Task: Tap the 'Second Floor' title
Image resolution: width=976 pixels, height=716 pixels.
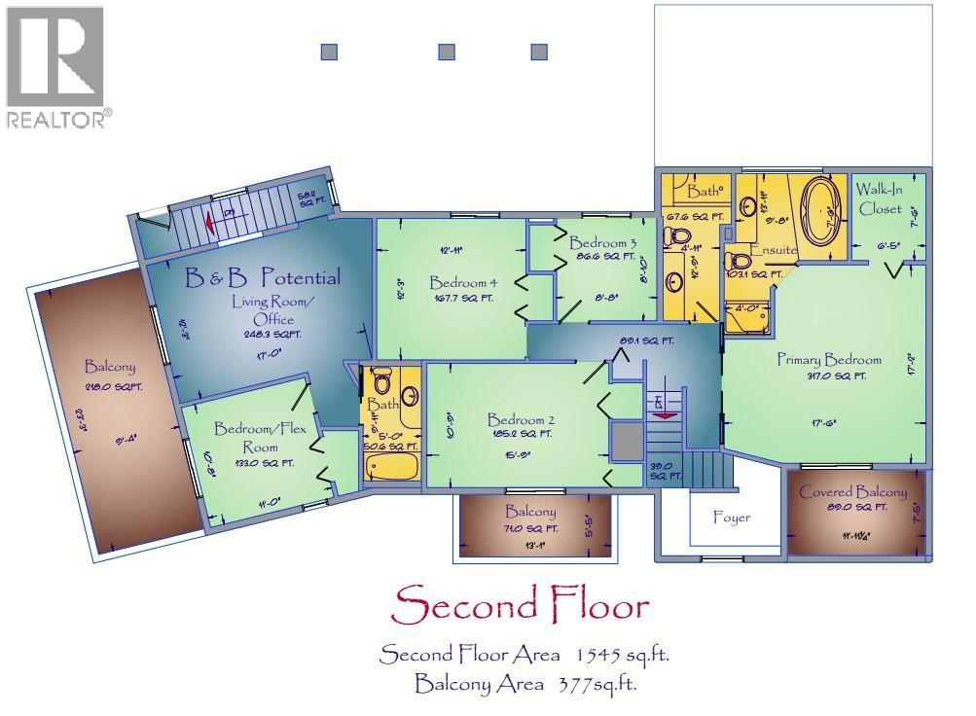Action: [x=520, y=606]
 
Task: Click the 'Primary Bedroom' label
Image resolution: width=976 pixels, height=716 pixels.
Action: [x=828, y=359]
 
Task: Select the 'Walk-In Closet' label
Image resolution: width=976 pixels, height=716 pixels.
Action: [x=880, y=198]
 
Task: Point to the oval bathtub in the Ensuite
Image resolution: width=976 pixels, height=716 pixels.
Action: [x=821, y=211]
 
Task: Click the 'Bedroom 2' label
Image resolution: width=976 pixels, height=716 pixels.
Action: [x=521, y=420]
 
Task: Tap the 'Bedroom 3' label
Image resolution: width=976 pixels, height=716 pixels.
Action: [x=602, y=242]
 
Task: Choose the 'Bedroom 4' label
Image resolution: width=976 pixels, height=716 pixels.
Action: [x=463, y=283]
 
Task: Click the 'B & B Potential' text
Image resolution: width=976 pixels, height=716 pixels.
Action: [x=263, y=278]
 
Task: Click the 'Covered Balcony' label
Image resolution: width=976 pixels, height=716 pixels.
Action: [x=852, y=492]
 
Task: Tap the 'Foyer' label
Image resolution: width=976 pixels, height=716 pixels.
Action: [x=732, y=518]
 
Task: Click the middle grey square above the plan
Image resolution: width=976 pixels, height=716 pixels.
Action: [x=448, y=52]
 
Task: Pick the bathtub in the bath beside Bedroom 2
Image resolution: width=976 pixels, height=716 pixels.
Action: [x=392, y=466]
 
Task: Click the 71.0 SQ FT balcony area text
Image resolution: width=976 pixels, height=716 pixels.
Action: [x=530, y=528]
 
